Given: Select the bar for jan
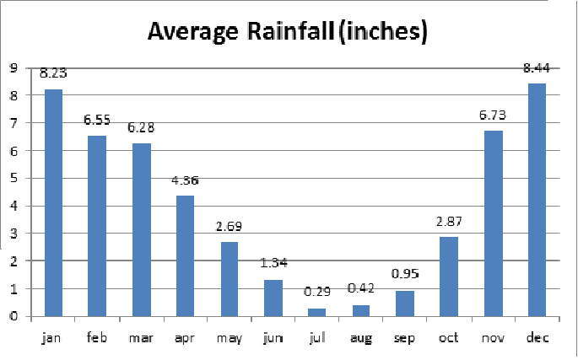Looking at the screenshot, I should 53,202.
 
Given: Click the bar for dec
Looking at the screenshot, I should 537,200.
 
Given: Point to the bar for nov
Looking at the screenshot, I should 493,223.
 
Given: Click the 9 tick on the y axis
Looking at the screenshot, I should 14,68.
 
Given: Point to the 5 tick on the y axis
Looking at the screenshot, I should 14,179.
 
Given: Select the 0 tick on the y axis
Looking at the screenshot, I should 14,316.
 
